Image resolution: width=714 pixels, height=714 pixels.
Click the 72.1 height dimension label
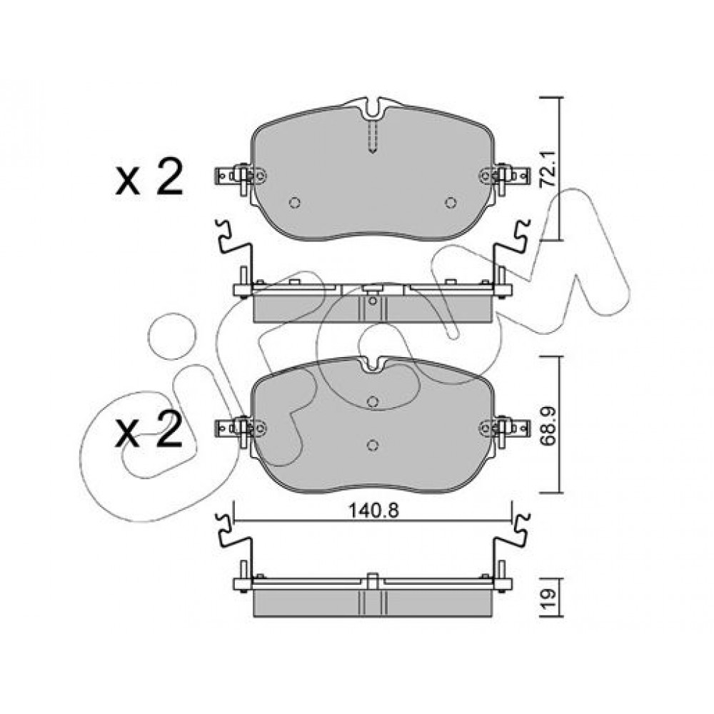548,168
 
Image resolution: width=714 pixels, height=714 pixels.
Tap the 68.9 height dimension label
548,427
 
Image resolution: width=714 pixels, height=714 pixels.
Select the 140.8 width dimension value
373,511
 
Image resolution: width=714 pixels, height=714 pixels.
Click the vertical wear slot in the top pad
373,136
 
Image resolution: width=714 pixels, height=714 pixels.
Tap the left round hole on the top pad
295,203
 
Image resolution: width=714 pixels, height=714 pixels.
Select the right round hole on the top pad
451,203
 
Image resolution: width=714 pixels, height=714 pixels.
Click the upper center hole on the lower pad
373,401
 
